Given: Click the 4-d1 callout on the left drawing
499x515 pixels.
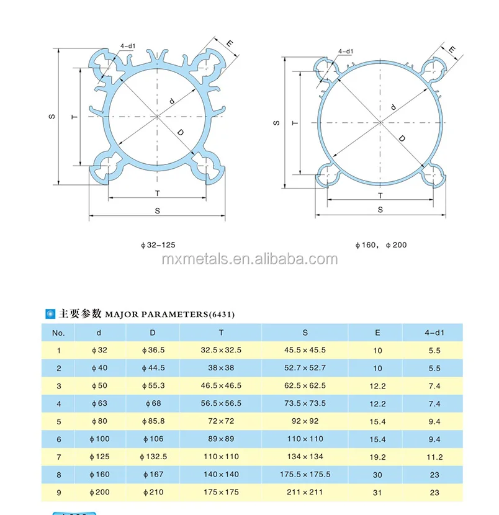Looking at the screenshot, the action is point(128,46).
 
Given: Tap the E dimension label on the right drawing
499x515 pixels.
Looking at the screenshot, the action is point(452,50).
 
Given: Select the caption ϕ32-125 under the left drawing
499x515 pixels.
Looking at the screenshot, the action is point(158,245).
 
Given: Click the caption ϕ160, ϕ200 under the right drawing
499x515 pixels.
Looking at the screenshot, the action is point(381,245).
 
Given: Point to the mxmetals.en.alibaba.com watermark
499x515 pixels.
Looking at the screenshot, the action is point(249,259).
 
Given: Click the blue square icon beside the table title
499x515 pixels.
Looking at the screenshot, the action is point(50,314).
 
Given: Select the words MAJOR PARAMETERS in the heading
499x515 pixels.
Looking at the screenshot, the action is point(156,315).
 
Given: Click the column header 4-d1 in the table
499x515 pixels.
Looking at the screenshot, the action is point(434,333).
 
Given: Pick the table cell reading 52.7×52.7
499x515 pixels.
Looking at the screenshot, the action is point(305,368).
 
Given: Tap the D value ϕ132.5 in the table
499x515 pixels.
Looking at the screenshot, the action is point(153,457).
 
